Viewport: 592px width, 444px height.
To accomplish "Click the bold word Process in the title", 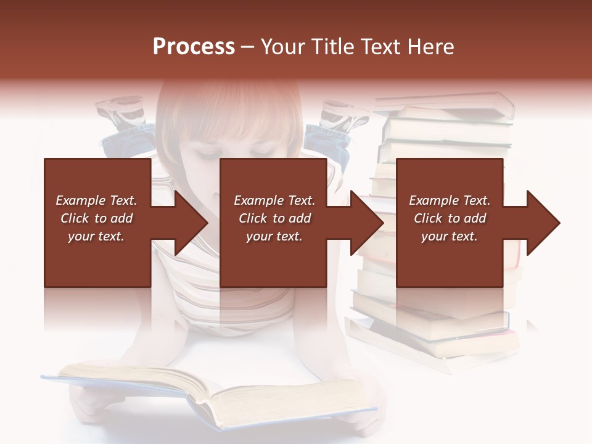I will pyautogui.click(x=194, y=47).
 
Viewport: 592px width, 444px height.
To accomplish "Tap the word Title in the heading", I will pyautogui.click(x=331, y=47).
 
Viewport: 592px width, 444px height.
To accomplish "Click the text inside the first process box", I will pyautogui.click(x=97, y=218).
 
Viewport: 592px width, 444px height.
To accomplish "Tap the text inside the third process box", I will pyautogui.click(x=450, y=218).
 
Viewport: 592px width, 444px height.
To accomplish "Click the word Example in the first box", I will pyautogui.click(x=78, y=200).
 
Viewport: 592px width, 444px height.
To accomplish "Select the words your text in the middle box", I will pyautogui.click(x=274, y=236).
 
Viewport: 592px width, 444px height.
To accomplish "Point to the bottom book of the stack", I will pyautogui.click(x=432, y=351).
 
